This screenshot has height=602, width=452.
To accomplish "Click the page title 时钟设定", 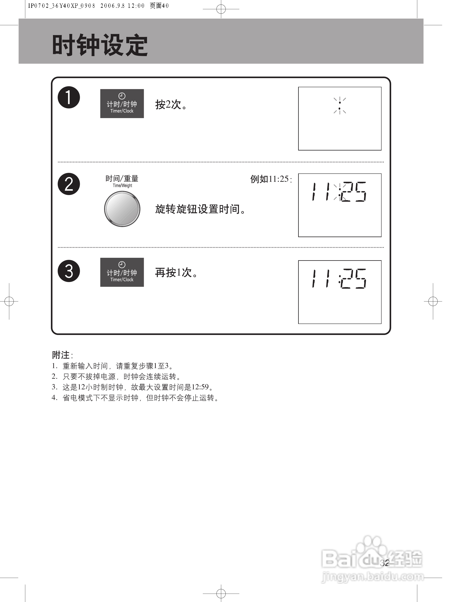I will pos(100,45).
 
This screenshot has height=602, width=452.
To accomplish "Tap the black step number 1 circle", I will pos(69,97).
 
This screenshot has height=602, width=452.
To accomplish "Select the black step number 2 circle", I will pos(69,184).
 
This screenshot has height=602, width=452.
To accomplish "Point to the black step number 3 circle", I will pos(69,271).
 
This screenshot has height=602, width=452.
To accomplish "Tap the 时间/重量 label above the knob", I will pos(122,179).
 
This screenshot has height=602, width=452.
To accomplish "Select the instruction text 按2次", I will pos(171,104).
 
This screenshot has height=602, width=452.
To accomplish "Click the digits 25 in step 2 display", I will pos(354,192).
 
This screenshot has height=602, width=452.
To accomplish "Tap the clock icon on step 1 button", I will pos(122,96).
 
